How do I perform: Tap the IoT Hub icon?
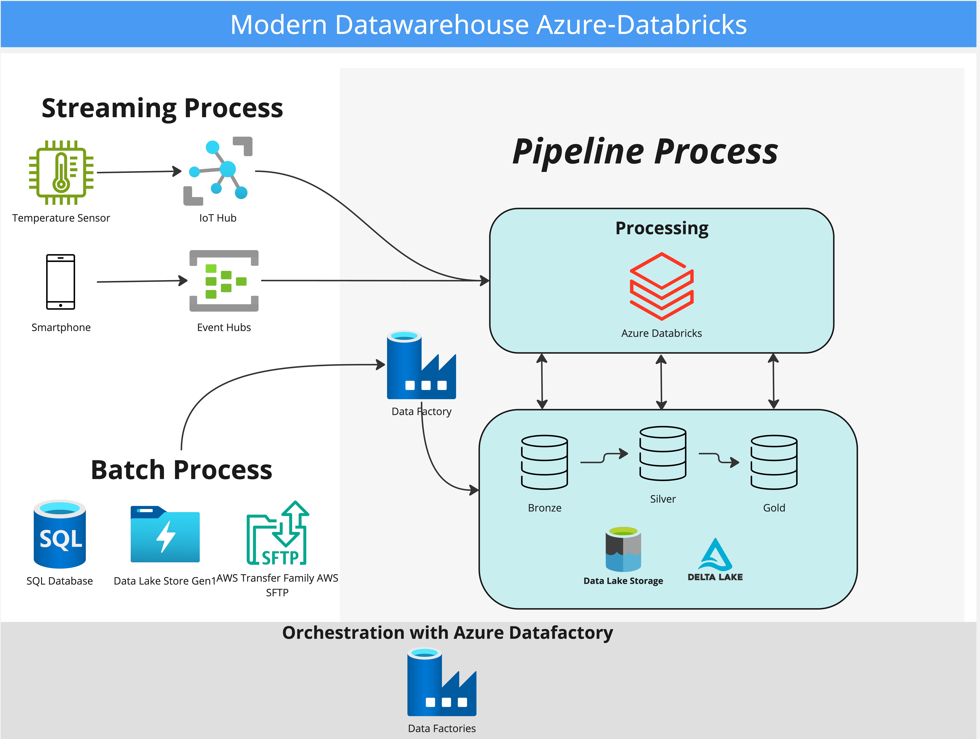pyautogui.click(x=218, y=171)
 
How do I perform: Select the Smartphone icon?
pyautogui.click(x=61, y=282)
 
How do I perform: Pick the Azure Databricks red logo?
pyautogui.click(x=661, y=286)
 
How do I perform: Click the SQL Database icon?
pyautogui.click(x=60, y=534)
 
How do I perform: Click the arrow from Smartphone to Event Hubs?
pyautogui.click(x=142, y=281)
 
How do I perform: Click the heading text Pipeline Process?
pyautogui.click(x=645, y=152)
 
